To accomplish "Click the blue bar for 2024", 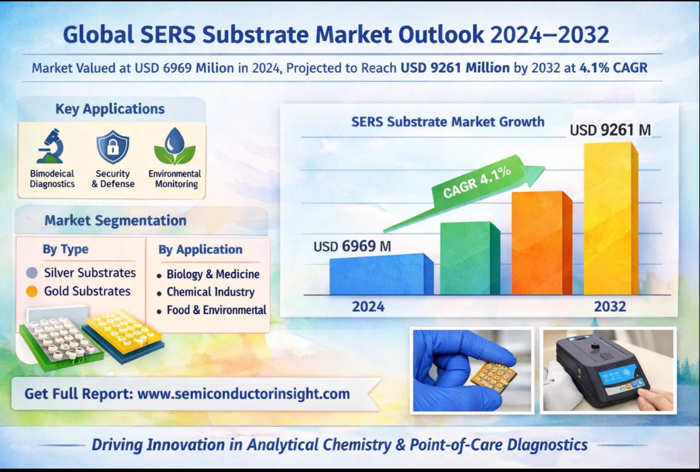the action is [x=381, y=274].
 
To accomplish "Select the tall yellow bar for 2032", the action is [x=610, y=218].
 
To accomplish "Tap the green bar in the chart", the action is [x=470, y=258].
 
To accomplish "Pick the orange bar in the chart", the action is [x=542, y=242].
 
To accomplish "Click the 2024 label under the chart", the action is [x=368, y=306].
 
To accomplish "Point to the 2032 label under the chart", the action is [x=610, y=306].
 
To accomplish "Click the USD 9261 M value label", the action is [x=610, y=130].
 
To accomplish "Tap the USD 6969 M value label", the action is [x=352, y=246].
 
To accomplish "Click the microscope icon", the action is [x=50, y=146].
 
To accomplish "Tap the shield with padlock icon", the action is [x=112, y=147].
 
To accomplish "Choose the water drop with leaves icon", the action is [x=174, y=146].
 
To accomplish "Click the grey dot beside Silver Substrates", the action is [x=32, y=273].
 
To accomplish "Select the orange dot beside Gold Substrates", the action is [x=32, y=292].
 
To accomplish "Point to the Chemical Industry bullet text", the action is [x=210, y=292].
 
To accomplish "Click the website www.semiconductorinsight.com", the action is [x=243, y=394].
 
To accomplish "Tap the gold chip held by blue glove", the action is [x=494, y=376].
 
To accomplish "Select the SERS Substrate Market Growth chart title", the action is [x=448, y=121].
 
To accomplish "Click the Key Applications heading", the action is [x=110, y=108].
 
